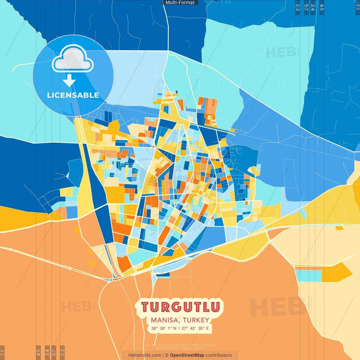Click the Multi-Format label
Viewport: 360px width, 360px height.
click(180, 3)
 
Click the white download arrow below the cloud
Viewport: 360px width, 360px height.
click(69, 81)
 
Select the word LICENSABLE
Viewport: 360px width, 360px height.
click(73, 95)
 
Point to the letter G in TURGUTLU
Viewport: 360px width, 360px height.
click(176, 307)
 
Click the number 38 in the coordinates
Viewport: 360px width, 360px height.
click(154, 328)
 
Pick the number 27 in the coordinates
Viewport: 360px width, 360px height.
click(184, 328)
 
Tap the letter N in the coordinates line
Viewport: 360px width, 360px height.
click(175, 328)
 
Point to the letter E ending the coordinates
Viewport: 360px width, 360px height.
click(207, 328)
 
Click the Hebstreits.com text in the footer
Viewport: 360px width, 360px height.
click(145, 355)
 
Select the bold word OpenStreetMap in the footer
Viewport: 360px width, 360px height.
click(187, 355)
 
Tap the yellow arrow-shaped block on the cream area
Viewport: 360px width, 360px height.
click(336, 272)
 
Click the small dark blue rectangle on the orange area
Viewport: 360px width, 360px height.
click(163, 274)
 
